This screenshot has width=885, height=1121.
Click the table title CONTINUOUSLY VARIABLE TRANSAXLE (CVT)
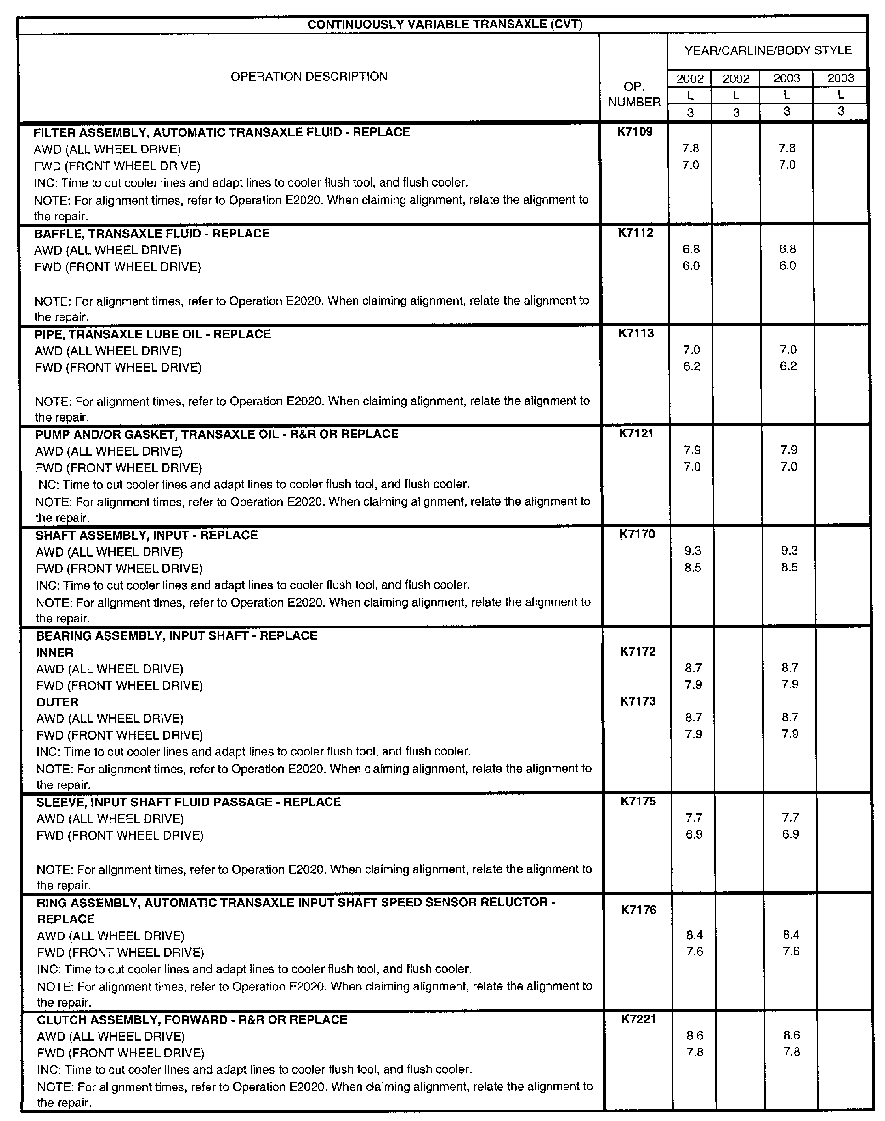click(x=444, y=24)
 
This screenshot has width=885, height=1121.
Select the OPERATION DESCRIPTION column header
click(x=309, y=77)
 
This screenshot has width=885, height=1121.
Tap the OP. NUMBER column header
click(x=634, y=94)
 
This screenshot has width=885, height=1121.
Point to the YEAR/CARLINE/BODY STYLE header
click(x=768, y=50)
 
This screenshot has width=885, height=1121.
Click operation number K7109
click(x=635, y=132)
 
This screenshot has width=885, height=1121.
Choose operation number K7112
click(x=636, y=233)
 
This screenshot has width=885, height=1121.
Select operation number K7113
click(x=636, y=333)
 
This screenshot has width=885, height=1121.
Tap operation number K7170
click(x=637, y=534)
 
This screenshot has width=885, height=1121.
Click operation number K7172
click(x=638, y=652)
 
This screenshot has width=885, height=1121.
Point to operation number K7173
click(x=638, y=701)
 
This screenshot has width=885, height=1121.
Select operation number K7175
click(x=639, y=801)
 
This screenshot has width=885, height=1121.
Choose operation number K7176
click(x=639, y=910)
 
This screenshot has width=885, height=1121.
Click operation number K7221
click(x=639, y=1019)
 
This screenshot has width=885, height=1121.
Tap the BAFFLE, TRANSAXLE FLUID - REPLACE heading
click(x=152, y=234)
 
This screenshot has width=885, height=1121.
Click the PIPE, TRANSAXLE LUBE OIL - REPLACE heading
click(x=153, y=334)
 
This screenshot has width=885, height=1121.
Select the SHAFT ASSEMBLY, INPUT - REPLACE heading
click(x=147, y=535)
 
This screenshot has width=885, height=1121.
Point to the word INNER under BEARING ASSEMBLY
click(x=54, y=652)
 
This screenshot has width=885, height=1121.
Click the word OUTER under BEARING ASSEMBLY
click(x=57, y=702)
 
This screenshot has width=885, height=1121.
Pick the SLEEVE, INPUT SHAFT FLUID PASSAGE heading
click(x=189, y=802)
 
